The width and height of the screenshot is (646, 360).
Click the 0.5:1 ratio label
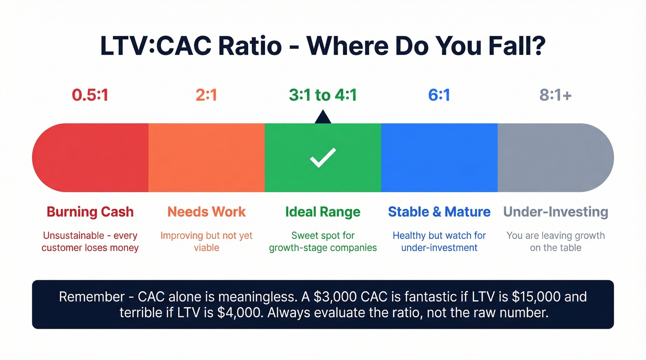click(90, 95)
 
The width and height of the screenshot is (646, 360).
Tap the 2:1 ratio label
click(206, 95)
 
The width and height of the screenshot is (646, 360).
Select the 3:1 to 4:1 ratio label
click(323, 95)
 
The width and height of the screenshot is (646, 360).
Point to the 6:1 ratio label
click(439, 95)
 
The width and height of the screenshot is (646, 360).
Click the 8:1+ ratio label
click(556, 95)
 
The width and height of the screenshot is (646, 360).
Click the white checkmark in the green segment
click(323, 158)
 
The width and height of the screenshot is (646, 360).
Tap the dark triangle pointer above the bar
click(323, 117)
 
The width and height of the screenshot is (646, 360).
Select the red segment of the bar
click(92, 158)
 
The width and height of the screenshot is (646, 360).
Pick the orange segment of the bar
click(206, 158)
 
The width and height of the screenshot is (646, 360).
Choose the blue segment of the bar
click(439, 158)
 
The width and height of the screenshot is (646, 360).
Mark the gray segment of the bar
click(554, 158)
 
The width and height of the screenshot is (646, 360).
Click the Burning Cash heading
click(90, 212)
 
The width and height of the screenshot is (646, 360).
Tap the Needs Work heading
click(206, 212)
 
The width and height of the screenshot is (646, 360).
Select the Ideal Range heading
click(323, 212)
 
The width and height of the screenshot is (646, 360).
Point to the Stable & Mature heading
click(439, 212)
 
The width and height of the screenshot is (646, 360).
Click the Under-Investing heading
click(556, 212)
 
